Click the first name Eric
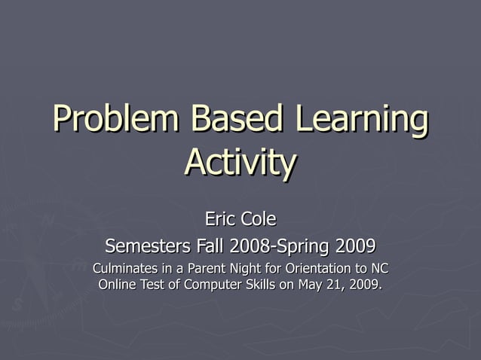pos(220,219)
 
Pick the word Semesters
pos(148,246)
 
